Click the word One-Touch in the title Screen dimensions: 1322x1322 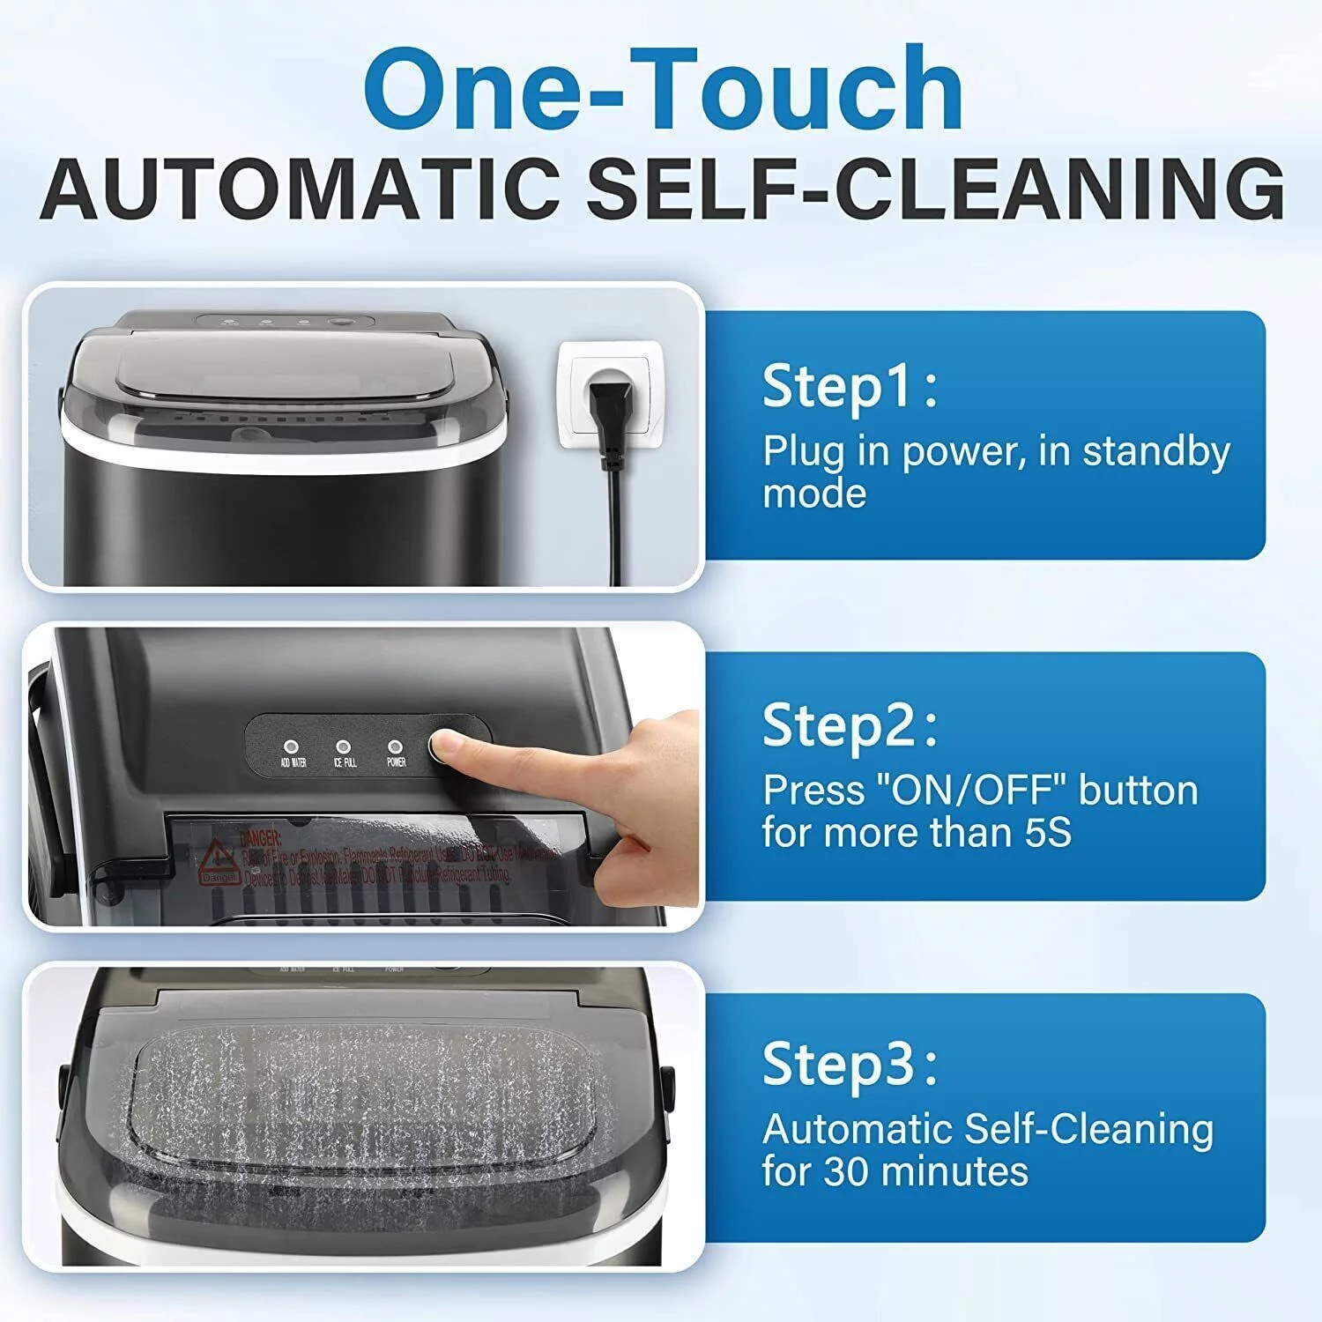663,91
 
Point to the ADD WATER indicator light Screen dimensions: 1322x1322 292,746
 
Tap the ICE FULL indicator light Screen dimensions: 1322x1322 344,746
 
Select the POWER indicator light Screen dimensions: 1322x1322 396,746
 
